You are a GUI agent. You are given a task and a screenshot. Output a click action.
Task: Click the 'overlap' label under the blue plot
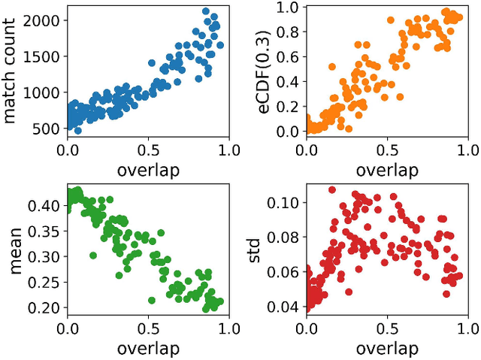coord(148,171)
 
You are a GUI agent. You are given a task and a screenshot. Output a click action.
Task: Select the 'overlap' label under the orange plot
coord(386,171)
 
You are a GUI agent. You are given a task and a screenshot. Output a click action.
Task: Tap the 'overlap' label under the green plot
coord(148,349)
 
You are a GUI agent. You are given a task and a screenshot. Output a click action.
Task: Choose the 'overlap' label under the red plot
coord(386,349)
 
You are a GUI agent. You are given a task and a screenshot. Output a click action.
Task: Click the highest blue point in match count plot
coord(205,11)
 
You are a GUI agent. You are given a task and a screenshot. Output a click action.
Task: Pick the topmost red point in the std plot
coord(332,190)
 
